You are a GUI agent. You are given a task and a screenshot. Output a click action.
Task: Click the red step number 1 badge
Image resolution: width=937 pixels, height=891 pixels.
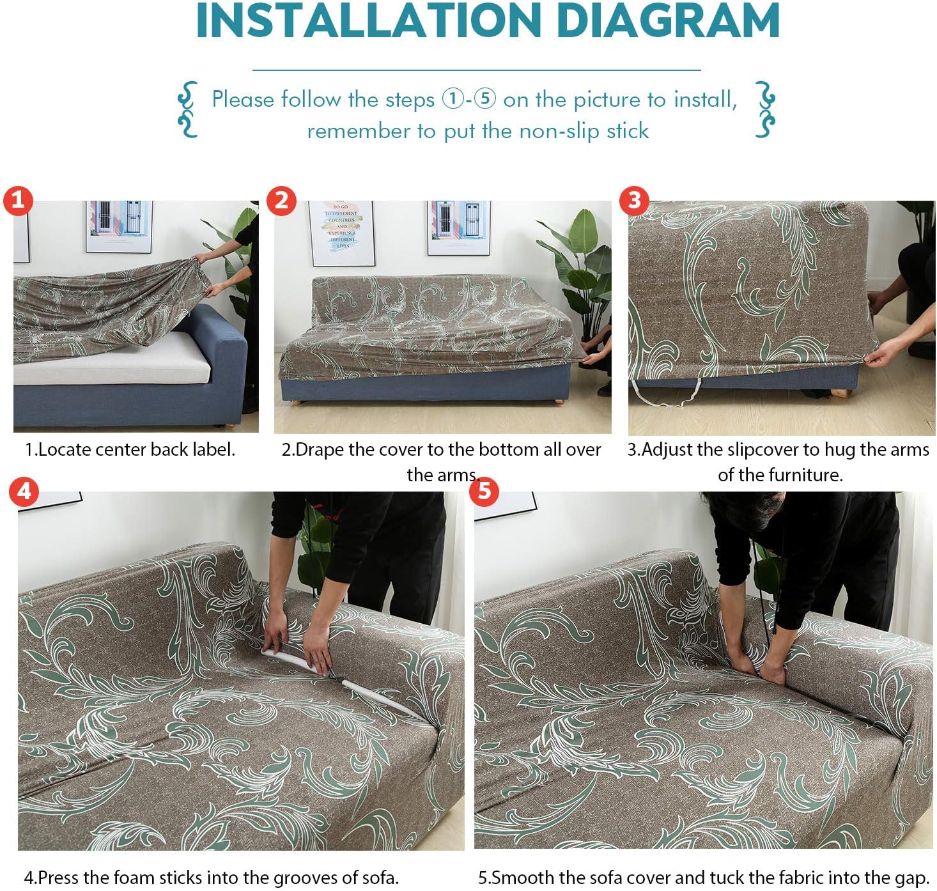tap(17, 200)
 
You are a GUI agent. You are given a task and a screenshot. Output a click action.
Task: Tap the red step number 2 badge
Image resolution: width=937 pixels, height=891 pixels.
tap(281, 200)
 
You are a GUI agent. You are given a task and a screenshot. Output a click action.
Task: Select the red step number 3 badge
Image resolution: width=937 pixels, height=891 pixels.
tap(634, 200)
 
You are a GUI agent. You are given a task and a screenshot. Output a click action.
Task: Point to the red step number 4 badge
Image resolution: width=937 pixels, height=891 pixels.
tap(24, 491)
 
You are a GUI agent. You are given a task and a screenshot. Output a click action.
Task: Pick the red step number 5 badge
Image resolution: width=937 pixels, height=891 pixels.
tap(484, 491)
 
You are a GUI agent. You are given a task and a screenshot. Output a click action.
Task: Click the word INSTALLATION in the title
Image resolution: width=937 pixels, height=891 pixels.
tap(368, 21)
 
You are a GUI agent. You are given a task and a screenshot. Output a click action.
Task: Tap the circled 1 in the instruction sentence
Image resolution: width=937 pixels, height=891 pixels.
tap(453, 99)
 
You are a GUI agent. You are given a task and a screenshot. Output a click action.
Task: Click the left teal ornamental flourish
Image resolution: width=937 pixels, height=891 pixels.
tap(187, 109)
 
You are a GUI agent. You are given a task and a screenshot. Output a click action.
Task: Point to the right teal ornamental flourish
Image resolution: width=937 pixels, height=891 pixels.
tap(764, 109)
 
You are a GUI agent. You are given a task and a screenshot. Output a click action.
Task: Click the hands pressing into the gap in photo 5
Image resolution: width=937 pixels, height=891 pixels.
tap(757, 668)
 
